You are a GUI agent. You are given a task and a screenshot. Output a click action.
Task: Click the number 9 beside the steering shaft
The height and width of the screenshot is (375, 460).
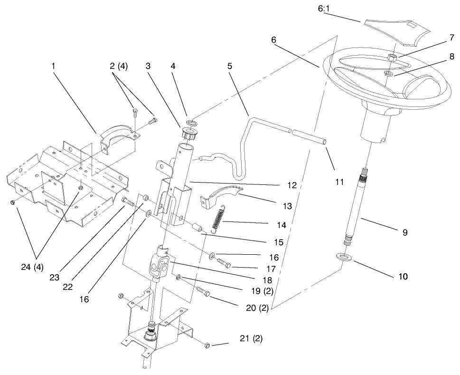click(404, 233)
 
